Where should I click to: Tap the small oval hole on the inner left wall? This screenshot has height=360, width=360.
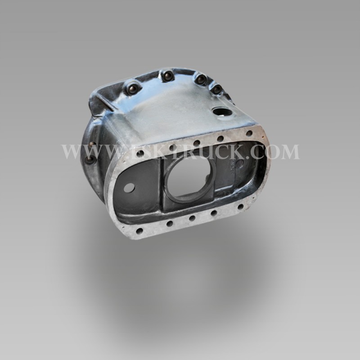[129, 188]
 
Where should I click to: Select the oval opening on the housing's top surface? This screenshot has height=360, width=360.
[221, 112]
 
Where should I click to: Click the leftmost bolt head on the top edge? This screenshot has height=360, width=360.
[131, 88]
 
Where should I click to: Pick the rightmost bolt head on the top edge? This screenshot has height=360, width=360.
[216, 89]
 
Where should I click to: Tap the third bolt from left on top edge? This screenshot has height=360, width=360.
[200, 79]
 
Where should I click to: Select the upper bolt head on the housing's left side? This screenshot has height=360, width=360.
[92, 145]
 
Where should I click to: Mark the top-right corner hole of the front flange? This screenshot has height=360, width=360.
[249, 133]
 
